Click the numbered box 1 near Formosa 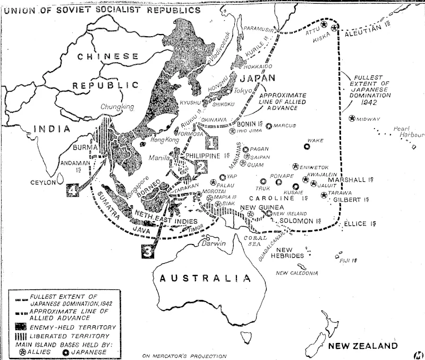tap(211, 142)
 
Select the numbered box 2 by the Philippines tap(200, 166)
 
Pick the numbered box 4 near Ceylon tap(73, 190)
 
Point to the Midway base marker tap(352, 119)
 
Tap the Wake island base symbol tap(307, 146)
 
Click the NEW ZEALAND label tap(362, 346)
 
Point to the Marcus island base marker tap(269, 126)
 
